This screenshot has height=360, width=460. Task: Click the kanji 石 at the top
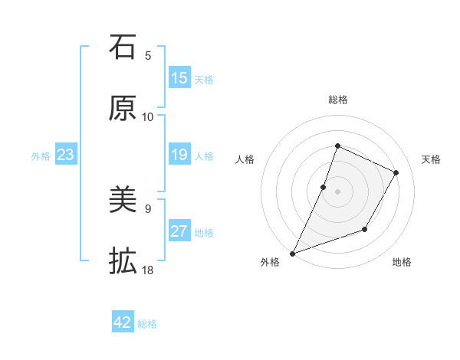(x=123, y=47)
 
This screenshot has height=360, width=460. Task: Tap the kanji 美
(x=123, y=201)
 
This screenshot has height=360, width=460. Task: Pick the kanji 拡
(x=123, y=262)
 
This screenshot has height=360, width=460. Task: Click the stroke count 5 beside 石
(x=148, y=55)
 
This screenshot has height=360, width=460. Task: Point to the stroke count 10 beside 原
(x=148, y=116)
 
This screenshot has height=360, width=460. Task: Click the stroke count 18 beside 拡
(x=148, y=270)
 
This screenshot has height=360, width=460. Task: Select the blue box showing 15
(x=179, y=78)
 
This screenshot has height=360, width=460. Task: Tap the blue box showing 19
(x=179, y=155)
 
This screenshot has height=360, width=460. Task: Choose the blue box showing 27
(x=179, y=231)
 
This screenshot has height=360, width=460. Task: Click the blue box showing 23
(x=66, y=155)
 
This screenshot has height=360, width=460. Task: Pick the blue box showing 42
(x=123, y=322)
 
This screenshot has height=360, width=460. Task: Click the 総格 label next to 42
(x=148, y=324)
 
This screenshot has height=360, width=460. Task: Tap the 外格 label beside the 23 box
(x=41, y=156)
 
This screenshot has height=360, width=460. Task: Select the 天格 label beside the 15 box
(x=204, y=79)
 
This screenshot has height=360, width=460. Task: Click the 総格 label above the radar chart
(x=337, y=100)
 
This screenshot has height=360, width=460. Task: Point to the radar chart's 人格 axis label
(x=245, y=159)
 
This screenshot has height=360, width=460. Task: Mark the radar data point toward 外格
(x=292, y=253)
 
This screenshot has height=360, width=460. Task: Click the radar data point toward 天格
(x=396, y=172)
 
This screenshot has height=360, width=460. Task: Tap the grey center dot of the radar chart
(x=337, y=191)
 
